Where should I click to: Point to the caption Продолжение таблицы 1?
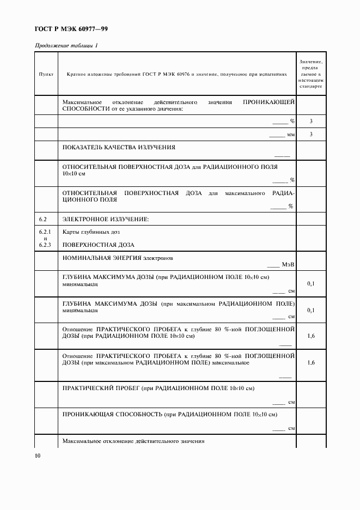66,45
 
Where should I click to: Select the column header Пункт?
46,74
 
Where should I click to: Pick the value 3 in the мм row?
310,134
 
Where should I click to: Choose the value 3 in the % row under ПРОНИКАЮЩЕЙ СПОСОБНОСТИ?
310,121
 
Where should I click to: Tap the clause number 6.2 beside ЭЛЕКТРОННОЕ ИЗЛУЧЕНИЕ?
44,219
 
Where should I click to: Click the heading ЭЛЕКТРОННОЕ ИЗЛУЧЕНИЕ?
106,219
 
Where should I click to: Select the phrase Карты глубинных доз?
87,232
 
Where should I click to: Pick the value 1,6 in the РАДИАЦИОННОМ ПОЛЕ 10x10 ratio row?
310,336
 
